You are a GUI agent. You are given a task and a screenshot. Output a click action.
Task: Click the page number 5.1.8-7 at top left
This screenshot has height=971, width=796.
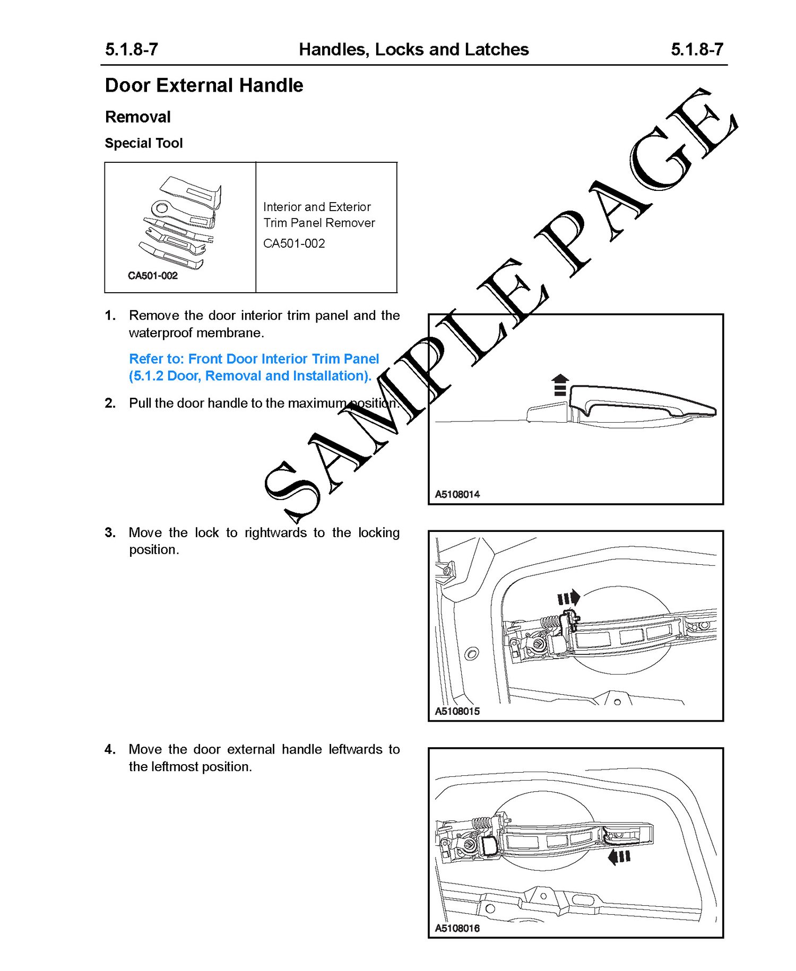pyautogui.click(x=131, y=49)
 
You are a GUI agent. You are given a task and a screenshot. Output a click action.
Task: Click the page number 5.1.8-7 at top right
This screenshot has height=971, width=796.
pyautogui.click(x=697, y=49)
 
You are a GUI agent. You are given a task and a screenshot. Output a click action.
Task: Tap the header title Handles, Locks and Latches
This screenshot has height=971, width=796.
pyautogui.click(x=413, y=49)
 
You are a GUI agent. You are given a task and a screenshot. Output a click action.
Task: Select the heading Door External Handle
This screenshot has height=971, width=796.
pyautogui.click(x=204, y=85)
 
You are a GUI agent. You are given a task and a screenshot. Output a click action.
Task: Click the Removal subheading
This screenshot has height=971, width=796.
pyautogui.click(x=138, y=117)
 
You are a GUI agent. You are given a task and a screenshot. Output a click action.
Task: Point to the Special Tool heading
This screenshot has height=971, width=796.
pyautogui.click(x=144, y=143)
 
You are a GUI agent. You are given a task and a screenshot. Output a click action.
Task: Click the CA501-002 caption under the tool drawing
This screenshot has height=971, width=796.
pyautogui.click(x=153, y=276)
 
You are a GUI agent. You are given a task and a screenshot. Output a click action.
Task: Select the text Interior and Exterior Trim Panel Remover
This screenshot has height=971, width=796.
pyautogui.click(x=319, y=215)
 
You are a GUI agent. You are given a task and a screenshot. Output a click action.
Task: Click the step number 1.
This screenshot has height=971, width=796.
pyautogui.click(x=110, y=316)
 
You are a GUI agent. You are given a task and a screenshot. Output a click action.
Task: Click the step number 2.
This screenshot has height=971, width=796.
pyautogui.click(x=110, y=403)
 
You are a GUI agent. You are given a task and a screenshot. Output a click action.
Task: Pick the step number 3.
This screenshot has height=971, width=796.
pyautogui.click(x=110, y=532)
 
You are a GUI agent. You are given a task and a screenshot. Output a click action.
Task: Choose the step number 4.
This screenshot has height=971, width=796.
pyautogui.click(x=110, y=749)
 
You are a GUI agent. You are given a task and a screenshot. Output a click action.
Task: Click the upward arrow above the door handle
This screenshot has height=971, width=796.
pyautogui.click(x=560, y=385)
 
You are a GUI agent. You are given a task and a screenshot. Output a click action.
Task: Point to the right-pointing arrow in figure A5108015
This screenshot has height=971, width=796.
pyautogui.click(x=569, y=599)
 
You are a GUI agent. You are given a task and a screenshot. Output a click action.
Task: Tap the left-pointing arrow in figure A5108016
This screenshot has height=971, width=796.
pyautogui.click(x=619, y=856)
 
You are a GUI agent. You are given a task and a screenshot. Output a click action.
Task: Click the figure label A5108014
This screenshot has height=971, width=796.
pyautogui.click(x=457, y=494)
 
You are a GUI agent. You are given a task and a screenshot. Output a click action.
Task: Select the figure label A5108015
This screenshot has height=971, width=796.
pyautogui.click(x=457, y=711)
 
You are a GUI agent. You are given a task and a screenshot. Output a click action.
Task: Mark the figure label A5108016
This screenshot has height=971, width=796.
pyautogui.click(x=457, y=928)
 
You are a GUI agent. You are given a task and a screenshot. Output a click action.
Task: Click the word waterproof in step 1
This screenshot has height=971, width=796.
pyautogui.click(x=162, y=333)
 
